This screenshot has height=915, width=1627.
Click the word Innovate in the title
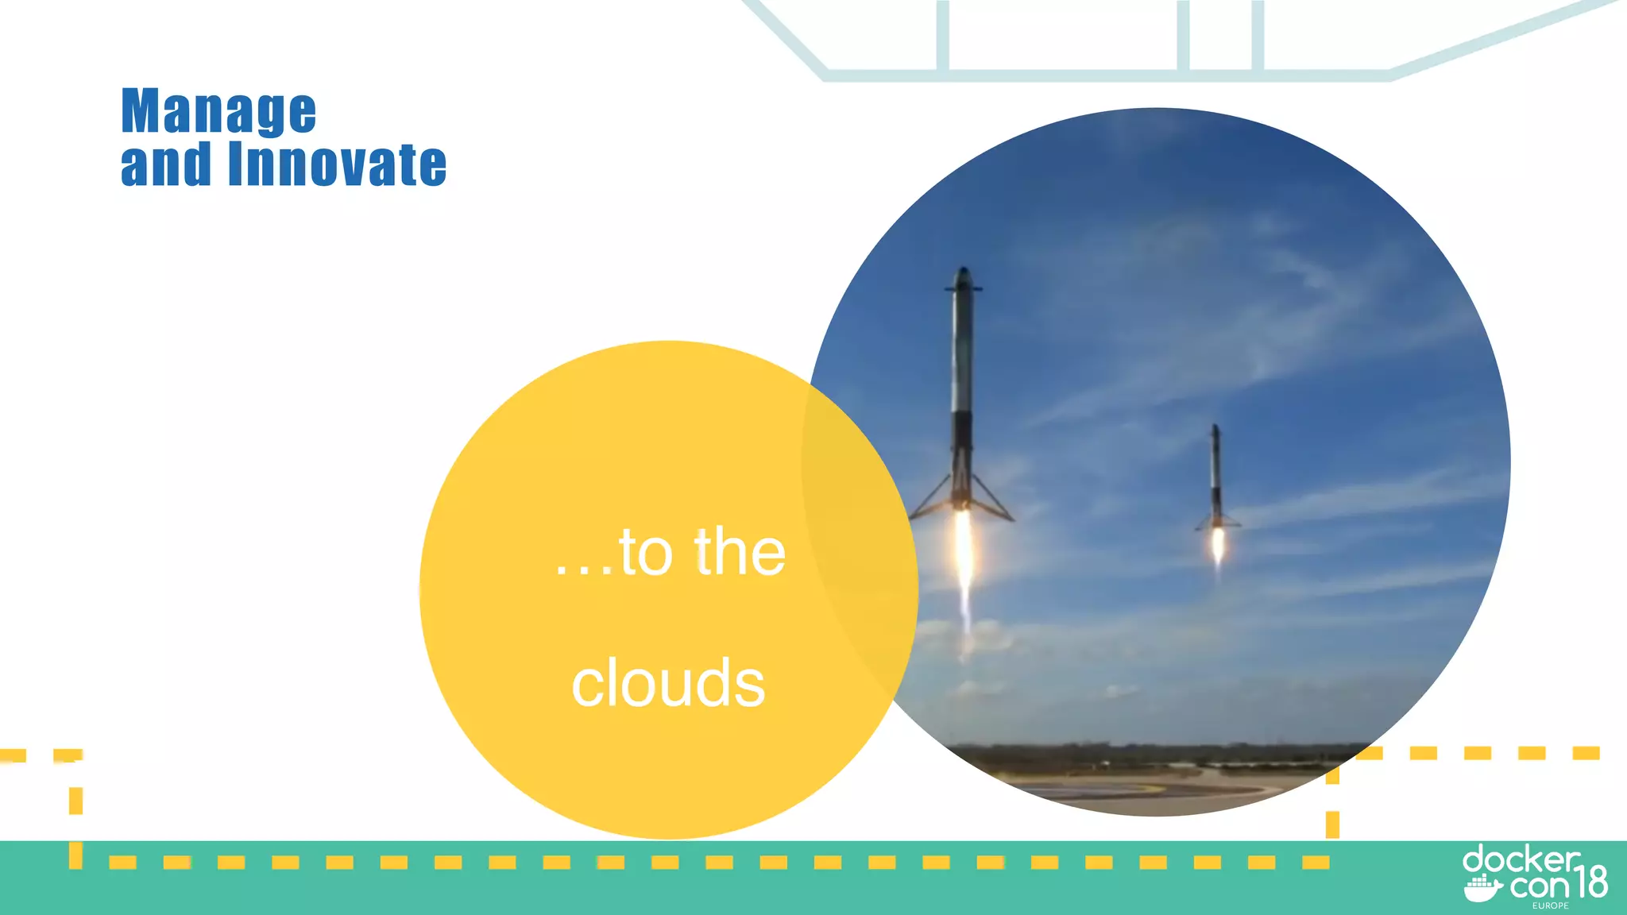[337, 164]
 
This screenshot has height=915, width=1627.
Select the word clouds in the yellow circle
[668, 683]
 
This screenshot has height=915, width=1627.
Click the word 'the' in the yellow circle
[740, 552]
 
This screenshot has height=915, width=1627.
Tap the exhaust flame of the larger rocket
[964, 556]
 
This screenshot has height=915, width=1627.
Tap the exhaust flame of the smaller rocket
[1218, 544]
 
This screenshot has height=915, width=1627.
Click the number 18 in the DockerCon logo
[1590, 882]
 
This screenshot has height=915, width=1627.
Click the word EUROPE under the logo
[1550, 905]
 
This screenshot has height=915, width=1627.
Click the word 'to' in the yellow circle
[646, 552]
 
